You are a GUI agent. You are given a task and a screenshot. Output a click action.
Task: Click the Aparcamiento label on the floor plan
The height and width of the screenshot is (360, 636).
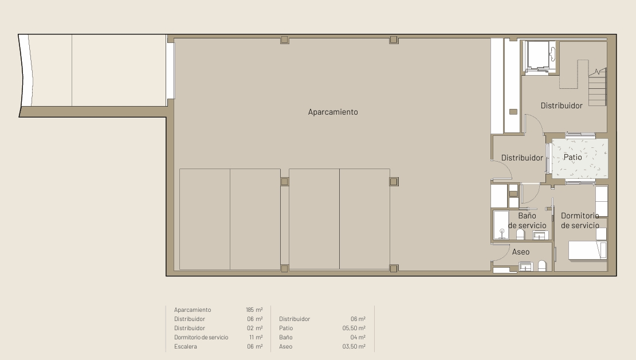click(332, 112)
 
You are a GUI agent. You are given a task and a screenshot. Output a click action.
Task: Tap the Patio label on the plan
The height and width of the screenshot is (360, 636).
click(573, 157)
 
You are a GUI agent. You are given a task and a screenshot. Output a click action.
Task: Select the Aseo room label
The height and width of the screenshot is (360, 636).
click(521, 252)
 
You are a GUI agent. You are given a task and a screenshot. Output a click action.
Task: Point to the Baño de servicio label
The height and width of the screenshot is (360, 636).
click(527, 220)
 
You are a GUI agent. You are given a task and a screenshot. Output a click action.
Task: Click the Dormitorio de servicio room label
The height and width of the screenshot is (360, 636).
click(580, 220)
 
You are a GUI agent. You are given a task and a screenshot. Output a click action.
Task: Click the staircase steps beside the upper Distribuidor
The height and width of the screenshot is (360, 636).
click(597, 87)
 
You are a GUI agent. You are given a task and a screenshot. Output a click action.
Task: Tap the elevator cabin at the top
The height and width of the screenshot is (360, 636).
click(540, 56)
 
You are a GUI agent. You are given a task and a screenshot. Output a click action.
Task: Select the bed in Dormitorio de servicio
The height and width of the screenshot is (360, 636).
click(587, 250)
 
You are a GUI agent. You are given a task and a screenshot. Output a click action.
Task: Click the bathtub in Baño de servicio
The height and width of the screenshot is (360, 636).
click(501, 225)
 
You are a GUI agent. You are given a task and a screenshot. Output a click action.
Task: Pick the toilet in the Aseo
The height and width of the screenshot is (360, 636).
click(542, 266)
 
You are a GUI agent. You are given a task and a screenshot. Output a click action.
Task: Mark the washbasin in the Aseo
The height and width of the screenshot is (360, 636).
click(525, 267)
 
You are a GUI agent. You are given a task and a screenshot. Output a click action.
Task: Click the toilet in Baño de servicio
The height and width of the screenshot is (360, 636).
click(520, 234)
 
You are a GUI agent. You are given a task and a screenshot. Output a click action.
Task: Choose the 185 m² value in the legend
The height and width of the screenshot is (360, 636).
click(254, 310)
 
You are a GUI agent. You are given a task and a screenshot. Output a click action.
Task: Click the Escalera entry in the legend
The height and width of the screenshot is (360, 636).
click(186, 346)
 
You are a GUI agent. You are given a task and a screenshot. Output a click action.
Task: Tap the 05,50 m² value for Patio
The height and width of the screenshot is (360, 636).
click(354, 328)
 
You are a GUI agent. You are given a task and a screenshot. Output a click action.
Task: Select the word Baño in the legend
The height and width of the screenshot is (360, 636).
click(285, 337)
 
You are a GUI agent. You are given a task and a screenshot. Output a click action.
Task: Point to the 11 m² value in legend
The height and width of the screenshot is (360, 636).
click(256, 337)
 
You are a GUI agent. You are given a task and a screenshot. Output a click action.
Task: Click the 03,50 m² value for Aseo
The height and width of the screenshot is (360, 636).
click(354, 346)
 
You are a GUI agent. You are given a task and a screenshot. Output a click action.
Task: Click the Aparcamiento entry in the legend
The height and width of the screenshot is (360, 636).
click(193, 310)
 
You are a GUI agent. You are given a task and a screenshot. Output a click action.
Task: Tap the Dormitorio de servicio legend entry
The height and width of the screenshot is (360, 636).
click(201, 337)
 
